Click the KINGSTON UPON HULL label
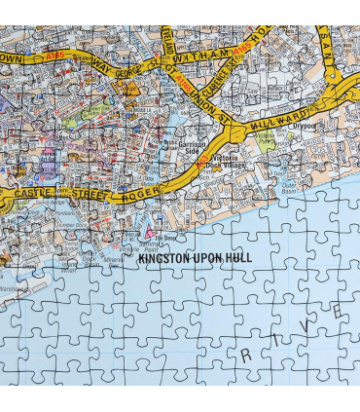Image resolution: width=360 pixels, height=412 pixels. pyautogui.click(x=195, y=258)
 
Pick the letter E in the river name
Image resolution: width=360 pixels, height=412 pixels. pyautogui.click(x=338, y=311)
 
